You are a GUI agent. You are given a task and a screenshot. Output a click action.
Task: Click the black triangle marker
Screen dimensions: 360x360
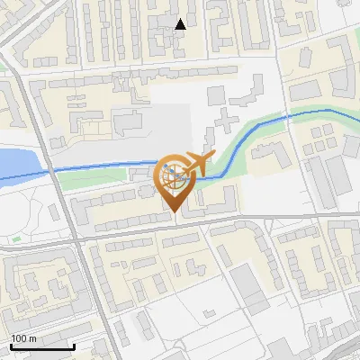181,24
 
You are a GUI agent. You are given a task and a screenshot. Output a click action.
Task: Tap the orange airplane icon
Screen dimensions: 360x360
195,163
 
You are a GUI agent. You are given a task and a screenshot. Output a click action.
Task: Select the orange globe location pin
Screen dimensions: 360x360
174,181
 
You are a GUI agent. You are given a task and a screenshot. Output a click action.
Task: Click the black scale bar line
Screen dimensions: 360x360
42,346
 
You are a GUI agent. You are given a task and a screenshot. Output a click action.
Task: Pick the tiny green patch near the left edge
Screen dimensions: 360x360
16,239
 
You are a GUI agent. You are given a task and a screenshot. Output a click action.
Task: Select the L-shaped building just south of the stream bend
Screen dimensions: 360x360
269,157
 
